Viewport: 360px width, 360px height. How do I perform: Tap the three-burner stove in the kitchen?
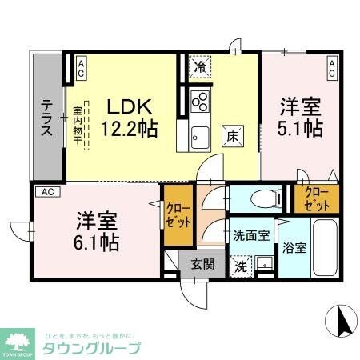200,102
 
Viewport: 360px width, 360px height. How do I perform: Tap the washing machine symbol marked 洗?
240,266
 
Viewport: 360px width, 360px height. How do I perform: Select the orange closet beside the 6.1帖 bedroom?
176,214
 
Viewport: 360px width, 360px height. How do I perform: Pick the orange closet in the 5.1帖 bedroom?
315,198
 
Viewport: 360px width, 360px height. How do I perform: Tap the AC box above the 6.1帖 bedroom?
48,192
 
